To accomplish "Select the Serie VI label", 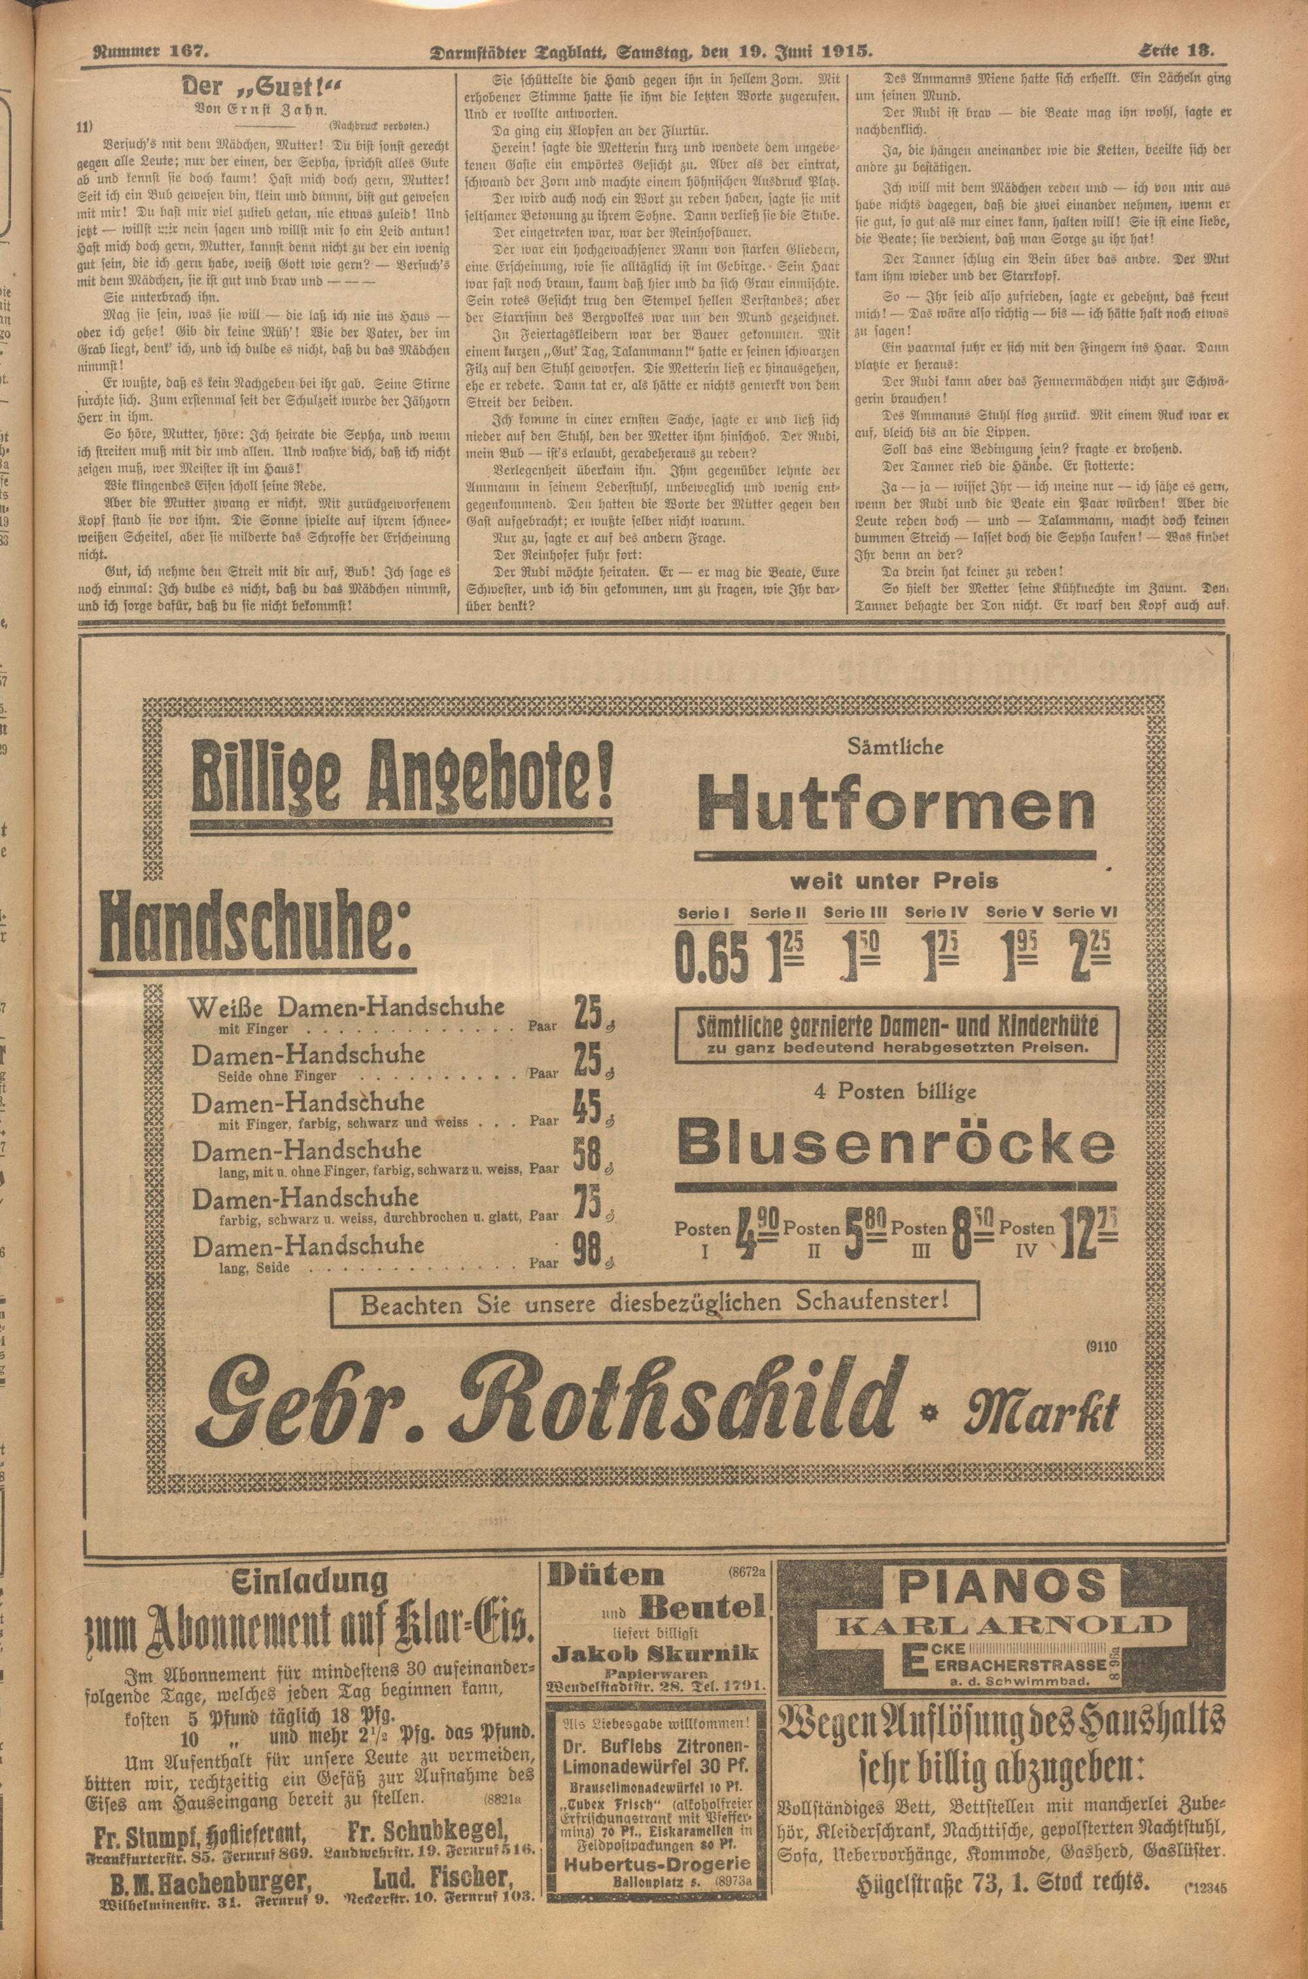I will pos(1084,912).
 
